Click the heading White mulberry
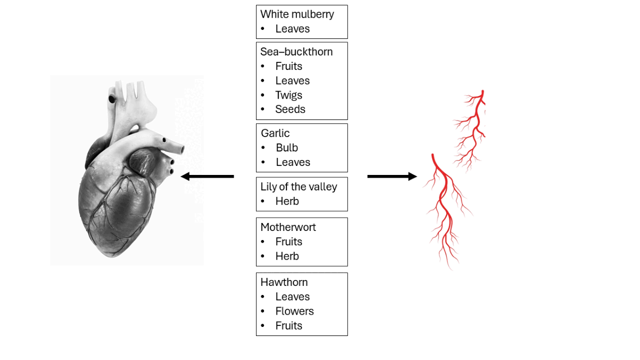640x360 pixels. coord(297,14)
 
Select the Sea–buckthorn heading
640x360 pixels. coord(297,52)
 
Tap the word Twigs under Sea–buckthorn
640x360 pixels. coord(289,95)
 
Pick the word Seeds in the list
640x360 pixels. coord(290,109)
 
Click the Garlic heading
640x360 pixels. coord(275,133)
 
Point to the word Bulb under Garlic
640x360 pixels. coord(287,148)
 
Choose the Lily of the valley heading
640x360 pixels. coord(299,187)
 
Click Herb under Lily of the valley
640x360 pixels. coord(287,201)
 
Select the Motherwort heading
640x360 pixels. coord(288,227)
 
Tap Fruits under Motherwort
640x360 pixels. coord(289,242)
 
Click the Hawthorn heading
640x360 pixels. coord(284,282)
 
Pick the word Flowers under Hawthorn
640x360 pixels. coord(294,311)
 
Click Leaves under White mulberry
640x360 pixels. coord(292,29)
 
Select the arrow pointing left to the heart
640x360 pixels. coord(207,176)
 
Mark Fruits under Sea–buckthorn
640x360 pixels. coord(289,66)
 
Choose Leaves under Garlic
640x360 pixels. coord(293,162)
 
